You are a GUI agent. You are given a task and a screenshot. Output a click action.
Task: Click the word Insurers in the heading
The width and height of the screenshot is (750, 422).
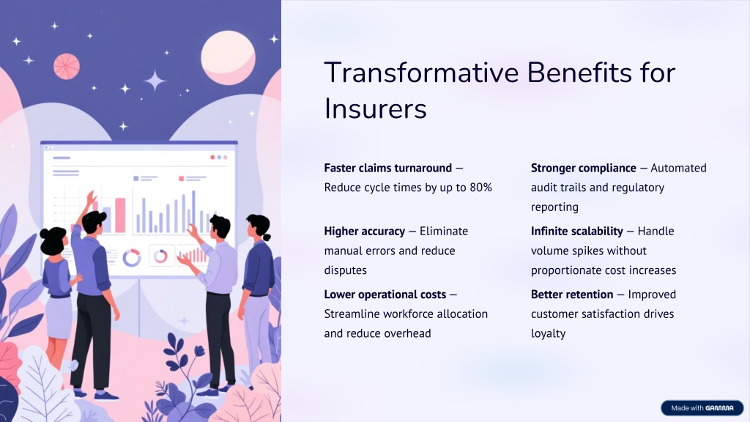(x=376, y=108)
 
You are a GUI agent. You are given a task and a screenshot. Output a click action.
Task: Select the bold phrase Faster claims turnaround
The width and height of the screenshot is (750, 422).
(x=388, y=168)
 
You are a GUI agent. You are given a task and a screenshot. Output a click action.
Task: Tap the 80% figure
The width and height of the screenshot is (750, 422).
(x=480, y=188)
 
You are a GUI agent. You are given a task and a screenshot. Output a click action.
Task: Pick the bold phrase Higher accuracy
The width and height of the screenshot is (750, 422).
(x=365, y=231)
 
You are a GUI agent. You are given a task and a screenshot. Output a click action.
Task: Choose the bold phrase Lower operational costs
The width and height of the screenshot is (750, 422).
(x=385, y=295)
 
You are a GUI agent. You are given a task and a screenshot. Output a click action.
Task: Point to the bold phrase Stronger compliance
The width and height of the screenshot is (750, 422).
(x=584, y=168)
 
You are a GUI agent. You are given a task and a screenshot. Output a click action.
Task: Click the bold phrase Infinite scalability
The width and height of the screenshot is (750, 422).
(x=577, y=231)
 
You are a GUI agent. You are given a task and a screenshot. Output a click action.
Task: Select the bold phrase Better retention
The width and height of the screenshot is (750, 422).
(x=572, y=295)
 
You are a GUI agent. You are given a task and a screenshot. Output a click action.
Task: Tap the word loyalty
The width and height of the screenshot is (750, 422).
(x=548, y=333)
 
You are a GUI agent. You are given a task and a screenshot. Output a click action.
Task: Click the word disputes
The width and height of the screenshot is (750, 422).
(x=346, y=270)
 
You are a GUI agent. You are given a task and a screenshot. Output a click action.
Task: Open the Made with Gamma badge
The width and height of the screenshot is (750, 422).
(x=702, y=407)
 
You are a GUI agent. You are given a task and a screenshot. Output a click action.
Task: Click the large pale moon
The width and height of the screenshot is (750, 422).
(x=229, y=57)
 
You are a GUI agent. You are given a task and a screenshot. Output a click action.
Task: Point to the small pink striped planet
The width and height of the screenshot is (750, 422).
(x=67, y=66)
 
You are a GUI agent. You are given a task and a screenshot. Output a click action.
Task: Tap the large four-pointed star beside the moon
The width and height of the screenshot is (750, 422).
(x=155, y=81)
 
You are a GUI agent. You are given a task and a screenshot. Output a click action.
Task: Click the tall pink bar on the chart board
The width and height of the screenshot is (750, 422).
(x=120, y=215)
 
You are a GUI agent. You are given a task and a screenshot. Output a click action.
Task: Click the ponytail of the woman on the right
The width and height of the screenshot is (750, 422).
(x=267, y=237)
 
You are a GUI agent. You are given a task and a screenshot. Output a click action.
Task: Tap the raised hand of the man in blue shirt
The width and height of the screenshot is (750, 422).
(x=90, y=199)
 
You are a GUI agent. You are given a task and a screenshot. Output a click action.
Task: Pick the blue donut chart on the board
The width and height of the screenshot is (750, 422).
(x=132, y=258)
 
